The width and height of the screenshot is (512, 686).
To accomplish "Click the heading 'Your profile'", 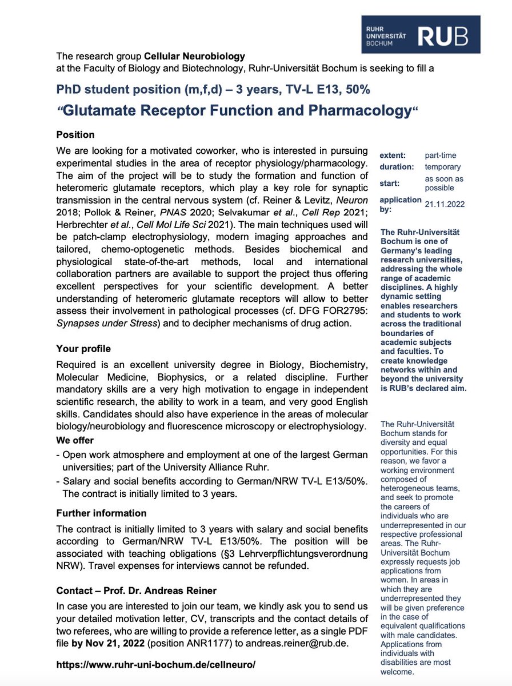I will (x=83, y=349).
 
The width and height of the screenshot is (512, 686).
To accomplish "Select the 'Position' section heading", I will (x=75, y=135).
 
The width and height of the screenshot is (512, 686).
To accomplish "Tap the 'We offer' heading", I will (x=75, y=441).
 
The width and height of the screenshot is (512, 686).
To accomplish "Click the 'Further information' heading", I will (x=101, y=513).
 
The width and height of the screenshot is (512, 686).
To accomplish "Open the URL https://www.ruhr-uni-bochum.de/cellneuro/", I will (x=156, y=665).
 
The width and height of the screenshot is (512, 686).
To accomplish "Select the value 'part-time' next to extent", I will (x=441, y=155).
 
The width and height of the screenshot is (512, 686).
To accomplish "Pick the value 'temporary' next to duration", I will (x=442, y=167).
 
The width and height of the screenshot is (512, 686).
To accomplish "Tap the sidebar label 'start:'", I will (x=390, y=184).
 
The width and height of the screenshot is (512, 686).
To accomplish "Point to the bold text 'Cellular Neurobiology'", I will (x=194, y=57).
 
